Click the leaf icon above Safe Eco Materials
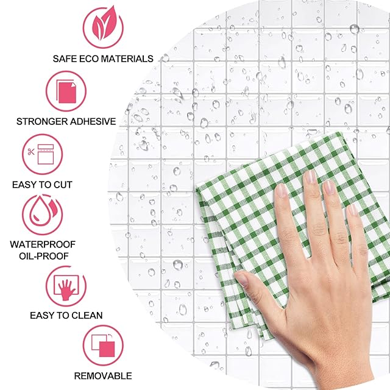point(103,24)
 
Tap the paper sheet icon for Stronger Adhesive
point(66,91)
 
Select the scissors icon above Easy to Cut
point(31,152)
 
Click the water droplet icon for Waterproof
point(40,212)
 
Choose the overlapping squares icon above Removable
point(103,346)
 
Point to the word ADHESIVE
point(93,121)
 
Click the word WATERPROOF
point(43,244)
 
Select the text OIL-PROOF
point(44,256)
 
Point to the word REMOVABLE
point(103,376)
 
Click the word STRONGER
point(42,121)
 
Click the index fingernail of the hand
point(282,190)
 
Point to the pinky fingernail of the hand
point(353,210)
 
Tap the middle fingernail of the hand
point(310,177)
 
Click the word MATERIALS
point(127,58)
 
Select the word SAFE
point(65,58)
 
